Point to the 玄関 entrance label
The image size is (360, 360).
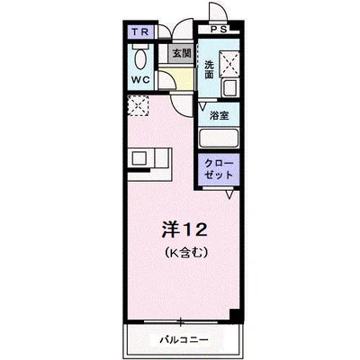coord(180,53)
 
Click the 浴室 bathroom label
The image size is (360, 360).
coord(219,115)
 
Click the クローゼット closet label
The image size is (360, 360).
coord(219,171)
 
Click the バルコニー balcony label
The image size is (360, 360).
coord(187,342)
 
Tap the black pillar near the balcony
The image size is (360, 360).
coord(235,314)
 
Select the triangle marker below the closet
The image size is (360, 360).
coord(230,193)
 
